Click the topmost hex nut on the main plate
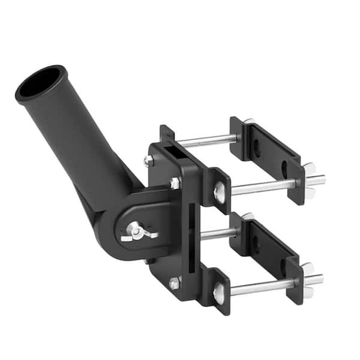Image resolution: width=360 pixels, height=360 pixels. click(x=149, y=161)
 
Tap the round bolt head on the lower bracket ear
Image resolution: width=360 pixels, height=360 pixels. click(x=220, y=292)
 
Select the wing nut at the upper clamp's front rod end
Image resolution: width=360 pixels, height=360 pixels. click(x=308, y=181)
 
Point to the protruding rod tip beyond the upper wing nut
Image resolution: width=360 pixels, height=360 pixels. click(x=320, y=179)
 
